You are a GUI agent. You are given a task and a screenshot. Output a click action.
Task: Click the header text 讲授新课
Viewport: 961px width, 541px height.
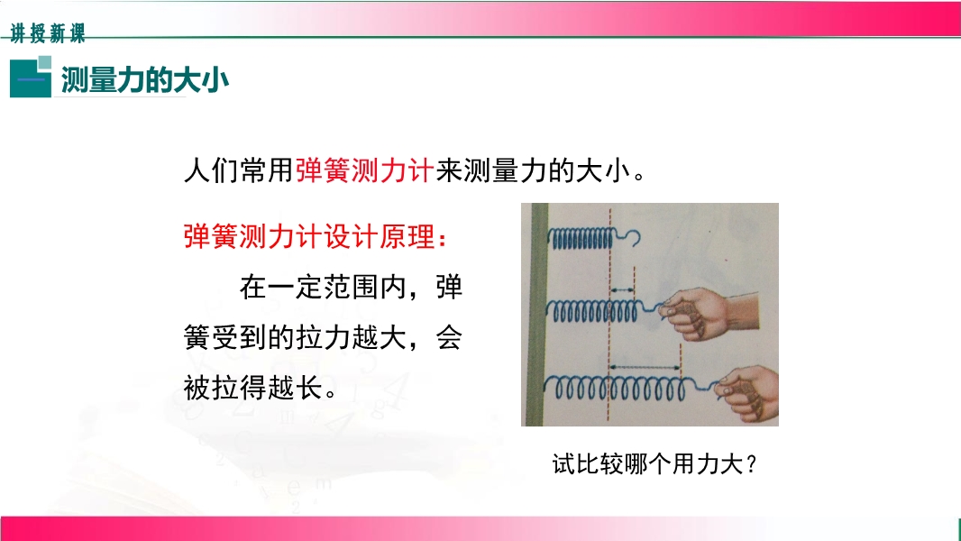[48, 32]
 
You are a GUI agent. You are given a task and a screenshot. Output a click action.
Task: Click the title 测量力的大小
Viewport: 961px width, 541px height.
[144, 79]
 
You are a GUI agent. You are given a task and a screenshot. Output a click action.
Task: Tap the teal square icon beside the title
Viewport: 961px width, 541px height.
[31, 77]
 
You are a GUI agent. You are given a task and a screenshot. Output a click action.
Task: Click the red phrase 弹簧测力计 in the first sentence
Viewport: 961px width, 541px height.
[365, 170]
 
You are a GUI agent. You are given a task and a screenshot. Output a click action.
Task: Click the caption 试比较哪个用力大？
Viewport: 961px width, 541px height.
[654, 463]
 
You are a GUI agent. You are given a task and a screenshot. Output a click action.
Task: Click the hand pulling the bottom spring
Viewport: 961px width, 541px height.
[747, 394]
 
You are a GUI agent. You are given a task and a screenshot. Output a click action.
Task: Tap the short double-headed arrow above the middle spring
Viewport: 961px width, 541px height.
[623, 289]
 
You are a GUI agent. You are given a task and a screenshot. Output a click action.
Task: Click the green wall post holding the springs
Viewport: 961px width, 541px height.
[537, 315]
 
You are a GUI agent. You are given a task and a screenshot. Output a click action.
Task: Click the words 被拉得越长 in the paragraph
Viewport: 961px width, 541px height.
[253, 388]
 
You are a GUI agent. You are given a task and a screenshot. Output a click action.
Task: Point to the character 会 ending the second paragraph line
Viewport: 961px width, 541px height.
[449, 337]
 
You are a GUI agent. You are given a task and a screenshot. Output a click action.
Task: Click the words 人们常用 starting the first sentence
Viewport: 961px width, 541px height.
[239, 170]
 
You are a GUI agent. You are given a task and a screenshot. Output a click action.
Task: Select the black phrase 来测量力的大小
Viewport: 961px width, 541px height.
[533, 170]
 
